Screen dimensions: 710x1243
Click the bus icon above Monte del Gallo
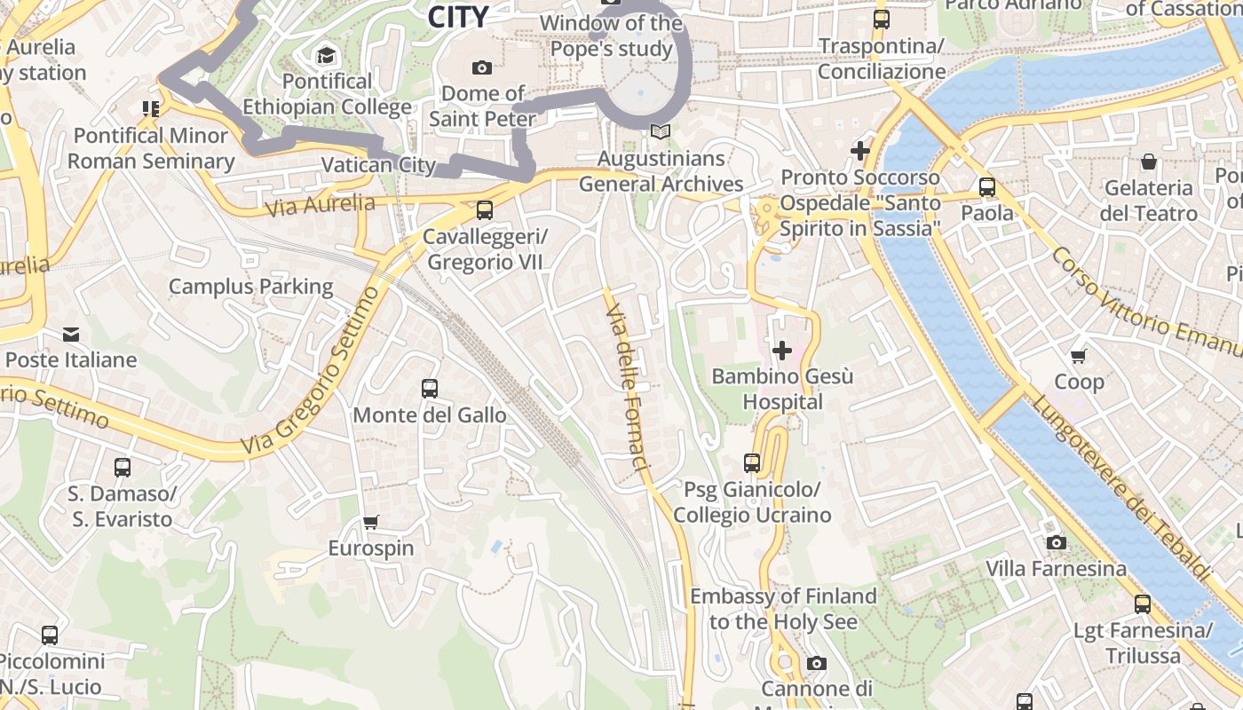tap(430, 389)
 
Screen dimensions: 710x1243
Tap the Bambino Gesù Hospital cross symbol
tap(782, 351)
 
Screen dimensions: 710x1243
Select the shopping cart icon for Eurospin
tap(371, 522)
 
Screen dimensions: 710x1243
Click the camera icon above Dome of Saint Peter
tap(482, 67)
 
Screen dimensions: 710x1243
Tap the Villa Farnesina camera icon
tap(1056, 542)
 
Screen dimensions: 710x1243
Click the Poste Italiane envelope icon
tap(71, 334)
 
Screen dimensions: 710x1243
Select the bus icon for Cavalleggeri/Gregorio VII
tap(485, 210)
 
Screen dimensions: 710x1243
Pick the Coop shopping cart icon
tap(1079, 356)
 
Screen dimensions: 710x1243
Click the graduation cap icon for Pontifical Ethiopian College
tap(327, 55)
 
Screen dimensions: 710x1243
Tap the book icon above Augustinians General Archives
tap(659, 132)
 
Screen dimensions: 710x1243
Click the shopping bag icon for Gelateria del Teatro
tap(1148, 162)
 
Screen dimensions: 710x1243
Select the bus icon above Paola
tap(986, 187)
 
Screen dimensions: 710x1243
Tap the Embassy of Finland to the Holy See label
tap(783, 609)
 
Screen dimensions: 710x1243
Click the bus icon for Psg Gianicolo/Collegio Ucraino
tap(752, 462)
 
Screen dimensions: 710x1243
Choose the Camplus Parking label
tap(251, 287)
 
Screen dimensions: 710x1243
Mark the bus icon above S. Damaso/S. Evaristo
tap(123, 467)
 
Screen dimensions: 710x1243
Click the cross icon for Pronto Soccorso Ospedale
tap(859, 151)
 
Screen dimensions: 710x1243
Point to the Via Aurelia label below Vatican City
tap(321, 205)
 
